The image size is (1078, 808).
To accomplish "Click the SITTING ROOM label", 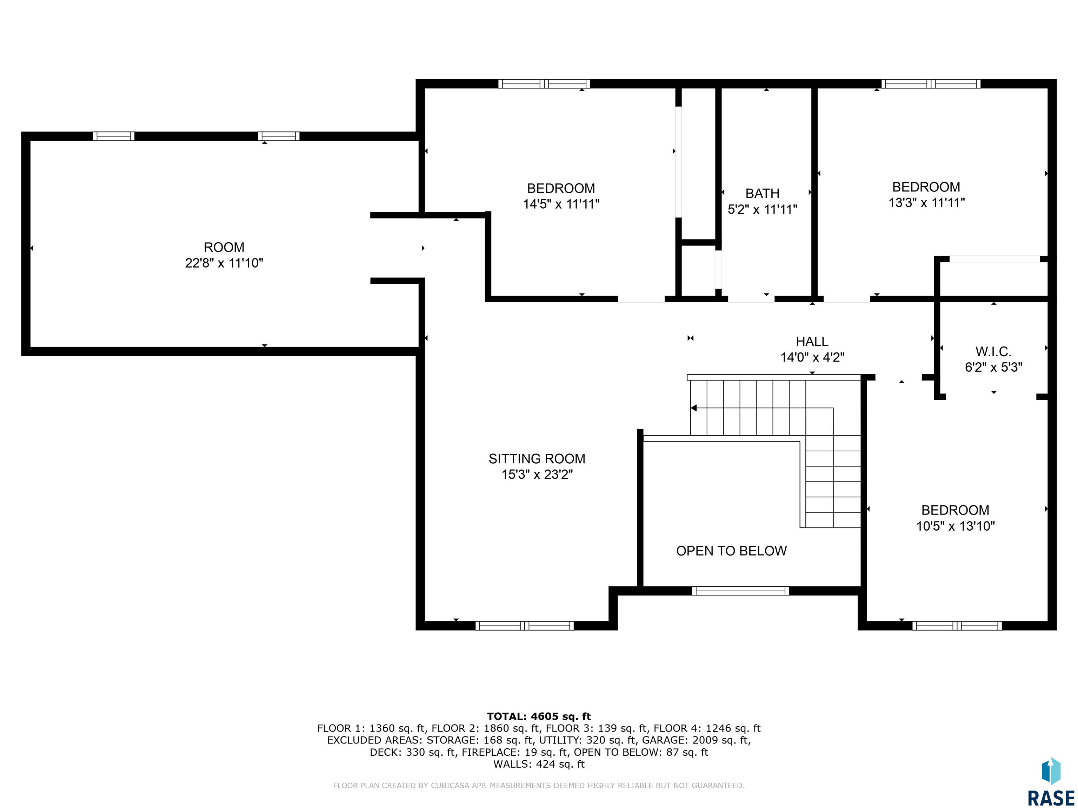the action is tap(537, 459).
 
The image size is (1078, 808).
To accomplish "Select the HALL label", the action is tap(812, 342).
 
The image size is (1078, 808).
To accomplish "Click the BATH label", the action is tap(762, 193).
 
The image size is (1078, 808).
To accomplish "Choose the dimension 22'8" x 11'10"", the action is tap(224, 263).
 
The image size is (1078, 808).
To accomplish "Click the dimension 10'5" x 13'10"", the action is tap(955, 526).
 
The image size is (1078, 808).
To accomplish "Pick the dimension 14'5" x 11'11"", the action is tap(561, 204).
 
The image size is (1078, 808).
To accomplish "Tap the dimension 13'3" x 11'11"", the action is tap(926, 203).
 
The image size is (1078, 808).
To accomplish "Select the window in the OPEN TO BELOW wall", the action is tap(740, 591).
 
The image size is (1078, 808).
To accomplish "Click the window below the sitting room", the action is tap(524, 626).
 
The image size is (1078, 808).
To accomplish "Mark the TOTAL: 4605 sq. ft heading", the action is tap(539, 716).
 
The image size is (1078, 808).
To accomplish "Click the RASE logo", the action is tap(1051, 782).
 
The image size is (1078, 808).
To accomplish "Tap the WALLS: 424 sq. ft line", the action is tap(539, 764).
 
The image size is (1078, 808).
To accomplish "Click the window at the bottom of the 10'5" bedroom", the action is tap(957, 626).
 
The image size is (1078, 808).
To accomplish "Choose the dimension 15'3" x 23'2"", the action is tap(537, 474).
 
